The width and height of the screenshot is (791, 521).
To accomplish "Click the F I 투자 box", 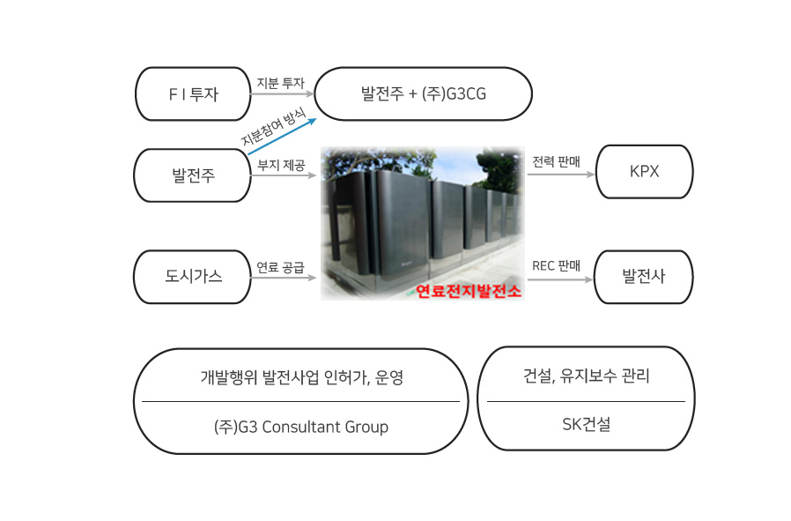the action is [193, 94].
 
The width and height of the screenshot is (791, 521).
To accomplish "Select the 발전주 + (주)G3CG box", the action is [423, 94].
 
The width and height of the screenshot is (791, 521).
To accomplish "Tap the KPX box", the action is [644, 172].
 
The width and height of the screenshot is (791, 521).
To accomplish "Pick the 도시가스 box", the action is [193, 277].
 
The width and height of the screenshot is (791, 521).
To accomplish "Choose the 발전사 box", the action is [644, 277].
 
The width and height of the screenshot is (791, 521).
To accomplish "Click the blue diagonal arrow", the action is [282, 137].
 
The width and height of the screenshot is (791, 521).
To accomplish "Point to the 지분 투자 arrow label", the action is [280, 83].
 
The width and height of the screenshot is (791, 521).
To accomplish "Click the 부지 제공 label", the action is [281, 165].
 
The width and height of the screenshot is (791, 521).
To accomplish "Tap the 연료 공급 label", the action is [280, 267].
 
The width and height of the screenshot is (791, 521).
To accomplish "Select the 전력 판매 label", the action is [556, 161].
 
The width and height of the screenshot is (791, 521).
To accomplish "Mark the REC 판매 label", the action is [556, 265].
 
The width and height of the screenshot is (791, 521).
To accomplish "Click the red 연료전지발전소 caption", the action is [468, 291].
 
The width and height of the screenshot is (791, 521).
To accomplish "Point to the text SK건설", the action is [586, 424].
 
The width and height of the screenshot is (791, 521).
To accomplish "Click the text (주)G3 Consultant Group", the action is [301, 427].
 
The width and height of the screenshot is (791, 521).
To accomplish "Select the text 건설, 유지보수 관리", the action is [586, 376].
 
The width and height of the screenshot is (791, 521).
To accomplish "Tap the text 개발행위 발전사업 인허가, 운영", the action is [301, 377].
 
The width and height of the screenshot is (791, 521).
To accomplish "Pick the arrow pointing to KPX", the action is [561, 175].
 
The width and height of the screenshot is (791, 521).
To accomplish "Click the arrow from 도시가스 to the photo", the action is [284, 277].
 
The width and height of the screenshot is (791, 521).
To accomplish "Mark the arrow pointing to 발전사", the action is [561, 279].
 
